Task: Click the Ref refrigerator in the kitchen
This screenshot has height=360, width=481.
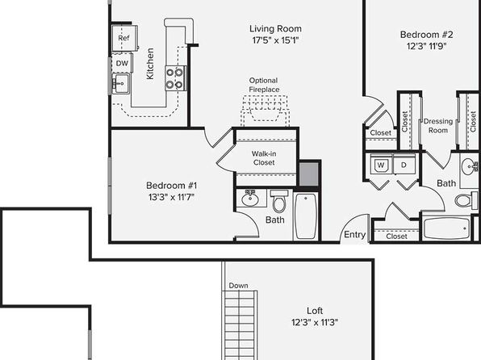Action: click(124, 38)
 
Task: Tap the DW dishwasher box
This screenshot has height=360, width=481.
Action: click(122, 63)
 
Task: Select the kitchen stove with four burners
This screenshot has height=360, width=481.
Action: click(175, 78)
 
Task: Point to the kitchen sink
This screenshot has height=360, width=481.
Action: click(121, 83)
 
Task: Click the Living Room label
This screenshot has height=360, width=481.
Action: click(275, 28)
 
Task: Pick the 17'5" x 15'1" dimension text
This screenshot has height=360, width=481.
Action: click(275, 40)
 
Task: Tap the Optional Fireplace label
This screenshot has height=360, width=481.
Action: click(264, 85)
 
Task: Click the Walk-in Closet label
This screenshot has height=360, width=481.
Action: click(264, 157)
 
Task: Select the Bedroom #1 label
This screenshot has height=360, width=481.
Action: click(171, 186)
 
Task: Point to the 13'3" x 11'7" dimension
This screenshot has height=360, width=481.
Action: click(171, 197)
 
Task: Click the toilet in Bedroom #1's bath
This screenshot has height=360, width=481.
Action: click(279, 201)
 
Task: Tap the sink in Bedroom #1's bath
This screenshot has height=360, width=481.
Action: click(251, 199)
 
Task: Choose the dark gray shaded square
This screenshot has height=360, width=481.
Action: click(309, 174)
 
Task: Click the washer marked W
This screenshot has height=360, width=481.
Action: click(381, 165)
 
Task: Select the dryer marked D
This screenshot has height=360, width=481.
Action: click(404, 165)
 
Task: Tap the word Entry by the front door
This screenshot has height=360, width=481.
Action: click(354, 234)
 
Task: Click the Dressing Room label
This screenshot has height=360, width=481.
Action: click(438, 126)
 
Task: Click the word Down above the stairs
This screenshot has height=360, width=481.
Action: click(238, 286)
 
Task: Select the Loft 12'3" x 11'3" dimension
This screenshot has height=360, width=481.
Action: click(315, 323)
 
